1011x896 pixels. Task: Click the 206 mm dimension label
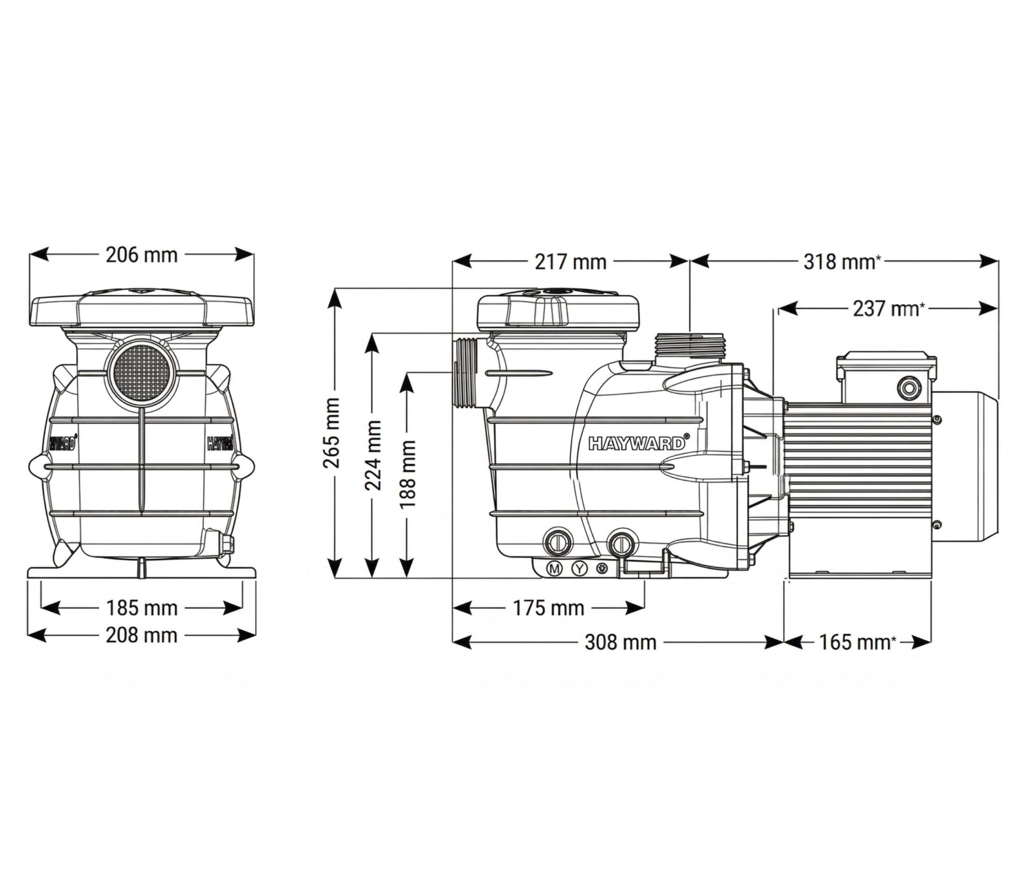pyautogui.click(x=142, y=255)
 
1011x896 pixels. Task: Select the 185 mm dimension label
pyautogui.click(x=142, y=608)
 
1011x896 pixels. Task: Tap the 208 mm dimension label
pyautogui.click(x=142, y=635)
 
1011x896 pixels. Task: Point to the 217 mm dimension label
pyautogui.click(x=571, y=262)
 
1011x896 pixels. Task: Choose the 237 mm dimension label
pyautogui.click(x=889, y=309)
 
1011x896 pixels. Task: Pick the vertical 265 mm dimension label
pyautogui.click(x=331, y=433)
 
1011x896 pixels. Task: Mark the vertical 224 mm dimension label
pyautogui.click(x=373, y=455)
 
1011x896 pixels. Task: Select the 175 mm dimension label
pyautogui.click(x=549, y=608)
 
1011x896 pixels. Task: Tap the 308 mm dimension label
pyautogui.click(x=620, y=642)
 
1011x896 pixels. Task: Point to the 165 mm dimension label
pyautogui.click(x=857, y=642)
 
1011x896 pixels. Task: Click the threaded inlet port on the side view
pyautogui.click(x=465, y=373)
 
